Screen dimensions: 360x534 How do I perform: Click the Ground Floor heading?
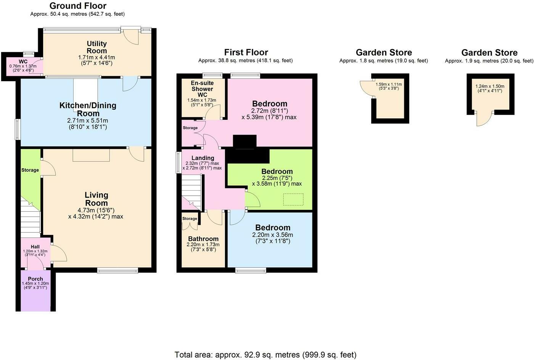tap(78, 6)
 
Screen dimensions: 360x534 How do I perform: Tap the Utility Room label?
tap(97, 47)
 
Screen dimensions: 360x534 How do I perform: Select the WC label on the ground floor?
tap(23, 61)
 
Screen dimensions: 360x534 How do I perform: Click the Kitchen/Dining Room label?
tap(88, 109)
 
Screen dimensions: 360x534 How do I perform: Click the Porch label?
tap(35, 279)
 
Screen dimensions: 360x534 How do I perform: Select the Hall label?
tap(35, 247)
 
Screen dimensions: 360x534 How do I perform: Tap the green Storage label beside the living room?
tap(30, 170)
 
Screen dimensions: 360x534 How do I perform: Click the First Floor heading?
tap(246, 52)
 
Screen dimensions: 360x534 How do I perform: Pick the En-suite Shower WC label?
tap(202, 89)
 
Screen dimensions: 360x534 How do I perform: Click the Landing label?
tap(203, 158)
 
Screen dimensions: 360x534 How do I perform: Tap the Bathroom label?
tap(203, 239)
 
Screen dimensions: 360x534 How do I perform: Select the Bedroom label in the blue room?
tap(273, 228)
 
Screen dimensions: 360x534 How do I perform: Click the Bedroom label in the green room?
tap(277, 172)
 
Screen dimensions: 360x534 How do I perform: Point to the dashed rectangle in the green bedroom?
tap(293, 199)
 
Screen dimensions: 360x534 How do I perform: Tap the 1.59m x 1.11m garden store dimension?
tap(389, 85)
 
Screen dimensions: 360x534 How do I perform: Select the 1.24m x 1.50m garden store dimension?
tap(490, 86)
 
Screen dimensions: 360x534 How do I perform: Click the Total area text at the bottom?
tap(265, 355)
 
